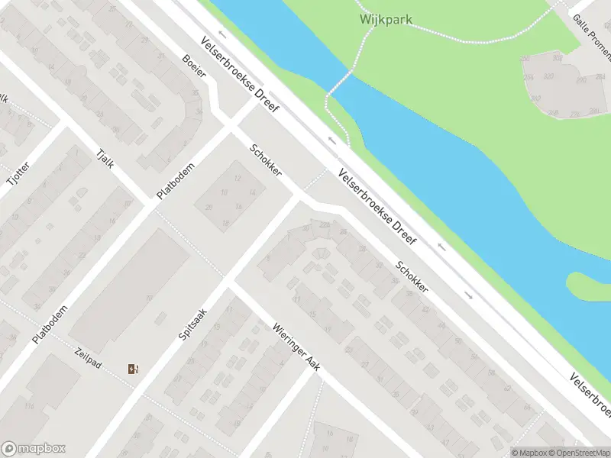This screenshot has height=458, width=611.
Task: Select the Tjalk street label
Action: coord(102,159)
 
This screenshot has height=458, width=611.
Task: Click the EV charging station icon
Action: coord(134,369)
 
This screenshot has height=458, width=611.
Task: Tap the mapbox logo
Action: coord(34,449)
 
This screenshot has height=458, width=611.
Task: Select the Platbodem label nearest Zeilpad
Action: coord(50,325)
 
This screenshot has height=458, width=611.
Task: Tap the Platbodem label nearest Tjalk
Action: coord(176,181)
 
